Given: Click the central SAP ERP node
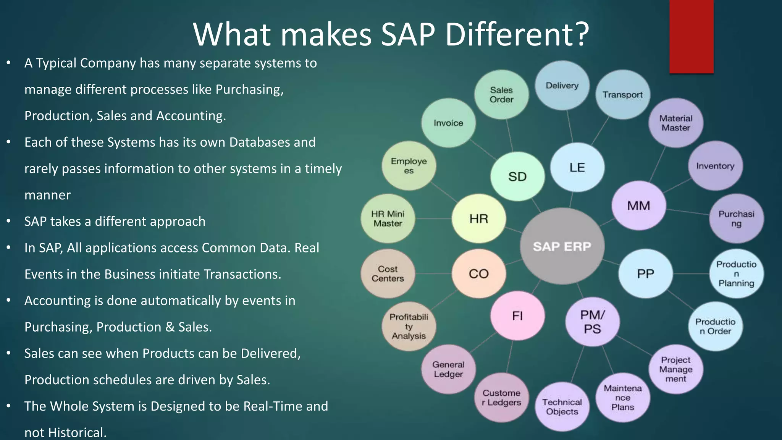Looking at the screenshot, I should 562,246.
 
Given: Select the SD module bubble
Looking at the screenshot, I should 517,176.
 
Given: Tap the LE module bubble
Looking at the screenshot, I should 577,167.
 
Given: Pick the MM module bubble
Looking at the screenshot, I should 638,206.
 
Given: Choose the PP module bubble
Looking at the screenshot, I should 645,273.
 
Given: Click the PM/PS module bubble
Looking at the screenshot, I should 592,322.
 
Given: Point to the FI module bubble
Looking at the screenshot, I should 517,316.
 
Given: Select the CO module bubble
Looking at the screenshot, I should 478,273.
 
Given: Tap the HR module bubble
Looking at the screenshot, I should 478,218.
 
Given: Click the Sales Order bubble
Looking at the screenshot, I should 501,95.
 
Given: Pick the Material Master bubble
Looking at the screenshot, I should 675,123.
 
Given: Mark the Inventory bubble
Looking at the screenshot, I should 715,166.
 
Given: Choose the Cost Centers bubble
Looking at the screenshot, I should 388,274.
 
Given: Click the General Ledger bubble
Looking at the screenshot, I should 448,369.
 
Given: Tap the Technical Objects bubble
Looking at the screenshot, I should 562,407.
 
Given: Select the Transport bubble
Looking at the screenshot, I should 622,95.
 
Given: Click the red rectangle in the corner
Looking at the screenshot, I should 691,36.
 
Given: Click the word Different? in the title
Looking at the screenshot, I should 517,34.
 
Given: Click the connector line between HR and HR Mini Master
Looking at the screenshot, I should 433,218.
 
